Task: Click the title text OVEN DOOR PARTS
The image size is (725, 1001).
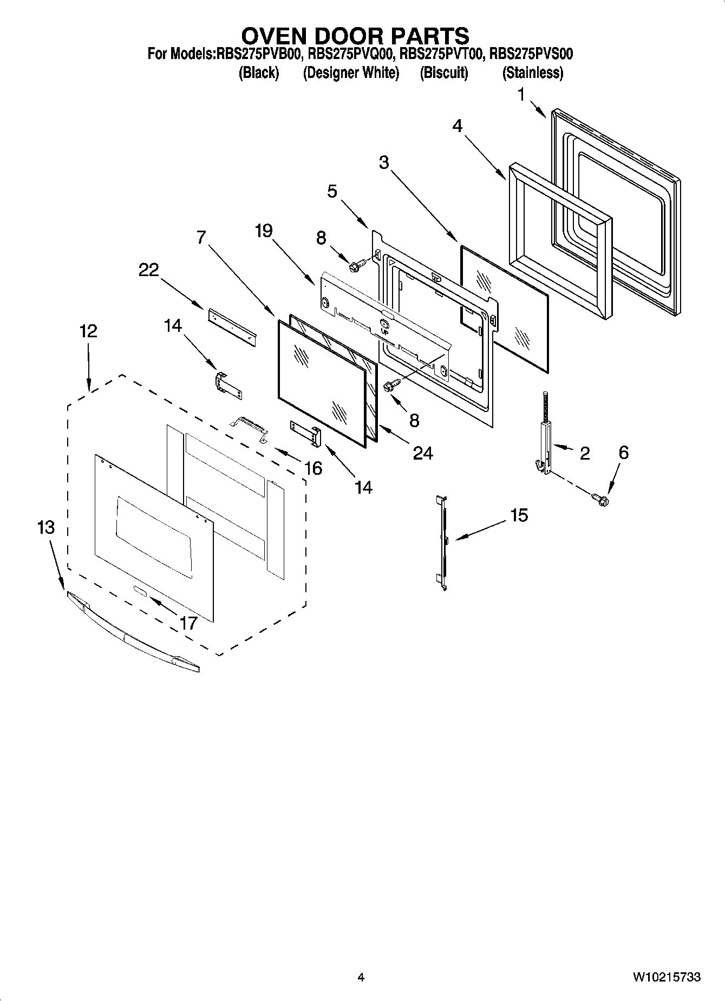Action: click(x=355, y=36)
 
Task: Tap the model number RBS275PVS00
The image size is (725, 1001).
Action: click(x=531, y=54)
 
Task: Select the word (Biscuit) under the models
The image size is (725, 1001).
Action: click(x=443, y=73)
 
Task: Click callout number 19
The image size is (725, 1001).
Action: click(x=264, y=231)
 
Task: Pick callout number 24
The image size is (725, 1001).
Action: click(x=423, y=453)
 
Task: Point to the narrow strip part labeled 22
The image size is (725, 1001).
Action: click(x=232, y=328)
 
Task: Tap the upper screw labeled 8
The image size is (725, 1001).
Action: click(x=357, y=265)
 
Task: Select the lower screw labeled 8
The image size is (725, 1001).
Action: click(x=391, y=384)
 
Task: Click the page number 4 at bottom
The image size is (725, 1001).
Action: click(x=361, y=977)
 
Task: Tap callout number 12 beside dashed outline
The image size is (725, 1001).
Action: click(x=88, y=331)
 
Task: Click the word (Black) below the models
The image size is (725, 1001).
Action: click(x=259, y=73)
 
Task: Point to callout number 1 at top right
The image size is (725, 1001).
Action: click(x=521, y=95)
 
